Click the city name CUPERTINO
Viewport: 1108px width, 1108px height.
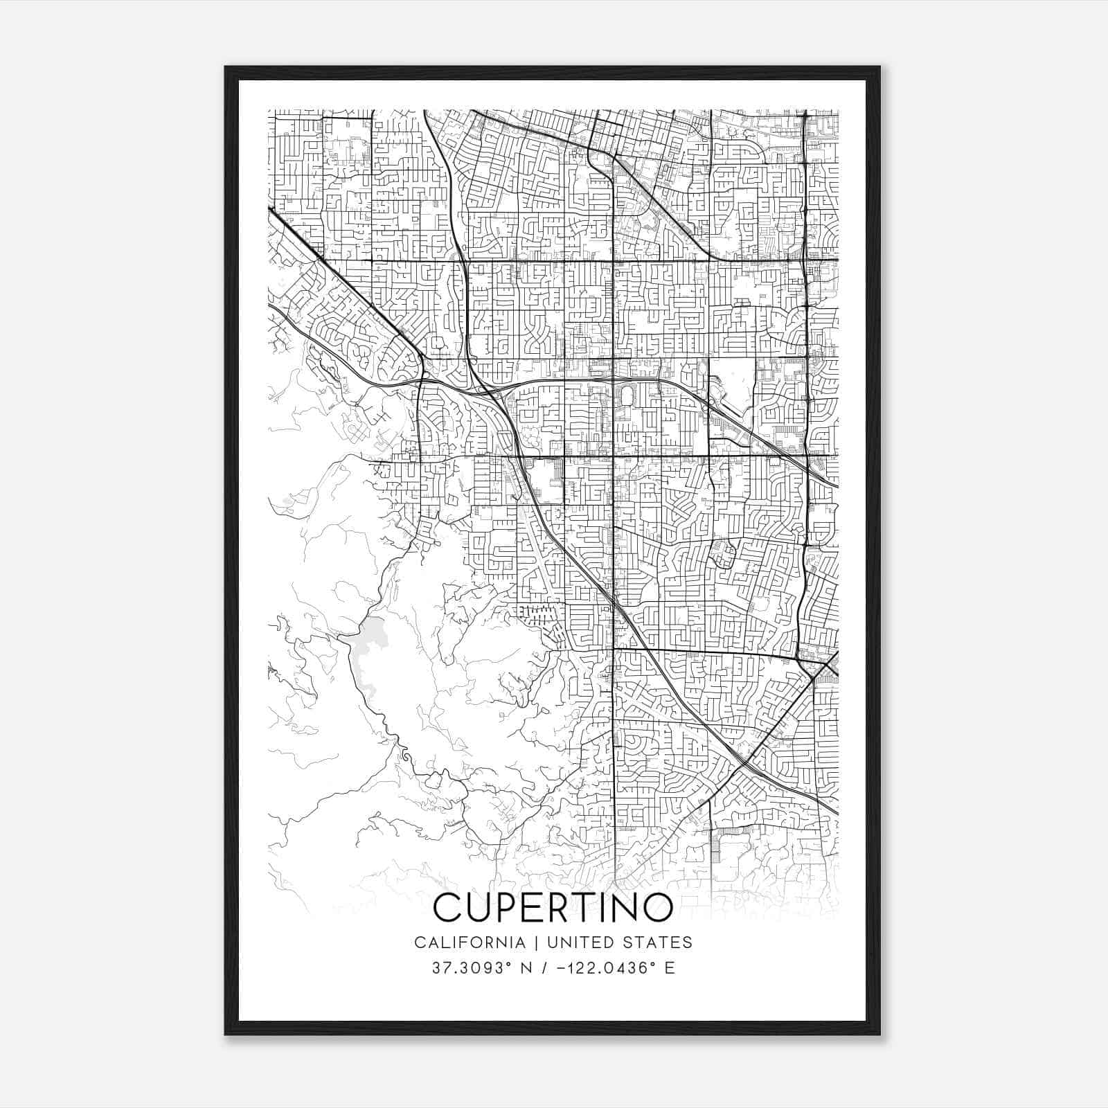point(553,907)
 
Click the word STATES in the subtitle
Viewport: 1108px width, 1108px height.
point(660,942)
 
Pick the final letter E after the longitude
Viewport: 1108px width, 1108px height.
point(669,968)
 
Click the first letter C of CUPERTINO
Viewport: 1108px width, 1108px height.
point(448,907)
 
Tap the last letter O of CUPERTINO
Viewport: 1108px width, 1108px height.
point(657,907)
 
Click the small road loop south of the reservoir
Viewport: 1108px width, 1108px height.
point(404,751)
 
